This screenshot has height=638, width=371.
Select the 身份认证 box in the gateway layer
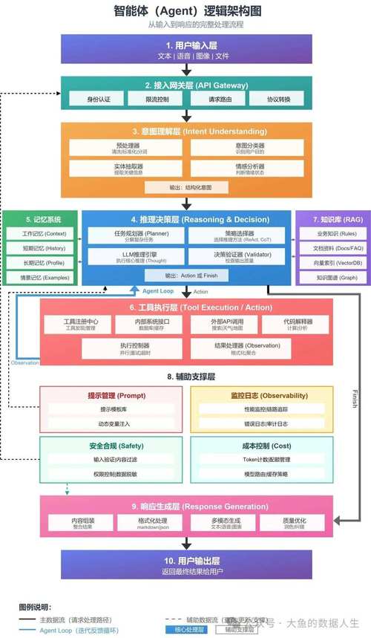(98, 99)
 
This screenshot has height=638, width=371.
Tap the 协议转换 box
(275, 99)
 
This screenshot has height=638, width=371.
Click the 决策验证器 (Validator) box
(243, 256)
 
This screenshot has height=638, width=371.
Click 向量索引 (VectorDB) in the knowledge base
(327, 262)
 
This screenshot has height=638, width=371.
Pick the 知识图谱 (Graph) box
(327, 277)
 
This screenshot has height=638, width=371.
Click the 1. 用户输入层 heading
(185, 45)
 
